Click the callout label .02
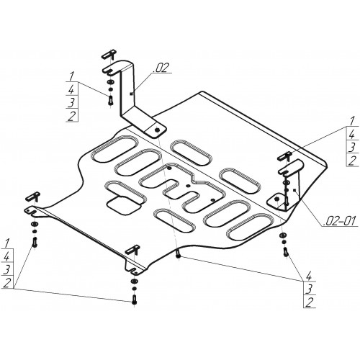coord(162,68)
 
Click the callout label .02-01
coord(340,221)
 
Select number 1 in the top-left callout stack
coord(71,76)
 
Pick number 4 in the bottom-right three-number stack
coord(308,276)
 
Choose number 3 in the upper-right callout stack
coord(352,147)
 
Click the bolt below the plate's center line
coord(178,254)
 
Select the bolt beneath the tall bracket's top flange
coord(110,99)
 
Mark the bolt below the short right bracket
coord(285,251)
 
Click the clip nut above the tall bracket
coord(109,54)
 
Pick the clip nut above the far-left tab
coord(33,196)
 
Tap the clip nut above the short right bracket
coord(284,156)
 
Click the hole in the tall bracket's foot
coord(158,130)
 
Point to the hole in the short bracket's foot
coord(276,199)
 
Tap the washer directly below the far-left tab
coord(34,224)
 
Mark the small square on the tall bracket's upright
coord(130,94)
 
